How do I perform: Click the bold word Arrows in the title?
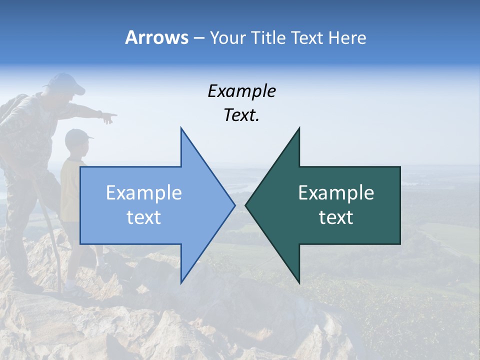156,37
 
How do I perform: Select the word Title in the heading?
268,37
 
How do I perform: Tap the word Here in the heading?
348,37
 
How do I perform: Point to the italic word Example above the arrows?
241,91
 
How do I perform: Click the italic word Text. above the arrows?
241,115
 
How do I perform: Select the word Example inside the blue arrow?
143,193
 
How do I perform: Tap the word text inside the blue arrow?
143,217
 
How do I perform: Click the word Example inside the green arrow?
336,193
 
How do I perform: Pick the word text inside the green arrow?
336,217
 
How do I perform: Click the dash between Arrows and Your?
198,38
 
